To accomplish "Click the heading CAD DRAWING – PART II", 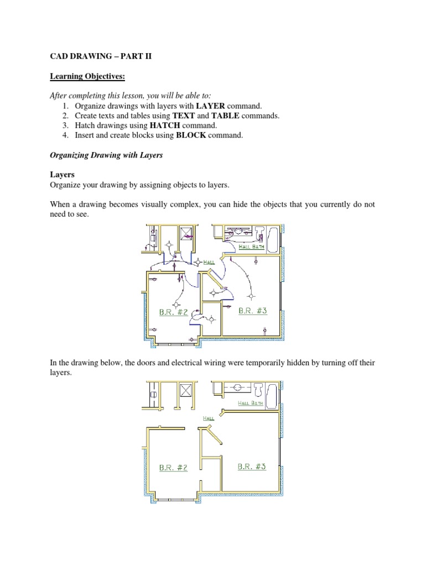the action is [x=101, y=56].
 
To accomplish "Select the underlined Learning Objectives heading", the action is [x=87, y=76].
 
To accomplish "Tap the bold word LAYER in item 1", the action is [x=210, y=106].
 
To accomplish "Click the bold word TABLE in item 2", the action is [x=225, y=116].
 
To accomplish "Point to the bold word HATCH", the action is [x=165, y=125].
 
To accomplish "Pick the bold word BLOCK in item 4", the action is [x=191, y=135].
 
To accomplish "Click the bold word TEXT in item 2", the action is [x=184, y=116].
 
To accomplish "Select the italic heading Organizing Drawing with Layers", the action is [x=106, y=155].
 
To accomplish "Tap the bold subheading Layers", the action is [x=62, y=175].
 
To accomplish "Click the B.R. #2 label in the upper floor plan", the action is [x=173, y=312].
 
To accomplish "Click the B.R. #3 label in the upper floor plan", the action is [x=252, y=311].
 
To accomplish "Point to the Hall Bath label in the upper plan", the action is [x=252, y=247].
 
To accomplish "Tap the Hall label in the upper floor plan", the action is [x=209, y=262].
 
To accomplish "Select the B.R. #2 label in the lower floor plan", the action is [x=173, y=468].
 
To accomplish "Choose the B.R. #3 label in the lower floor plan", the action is [x=252, y=467].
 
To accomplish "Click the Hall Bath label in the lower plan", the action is [x=251, y=403].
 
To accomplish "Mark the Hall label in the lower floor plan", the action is [x=209, y=418].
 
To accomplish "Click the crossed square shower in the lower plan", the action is [x=185, y=391].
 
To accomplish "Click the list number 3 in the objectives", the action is [x=65, y=125].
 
